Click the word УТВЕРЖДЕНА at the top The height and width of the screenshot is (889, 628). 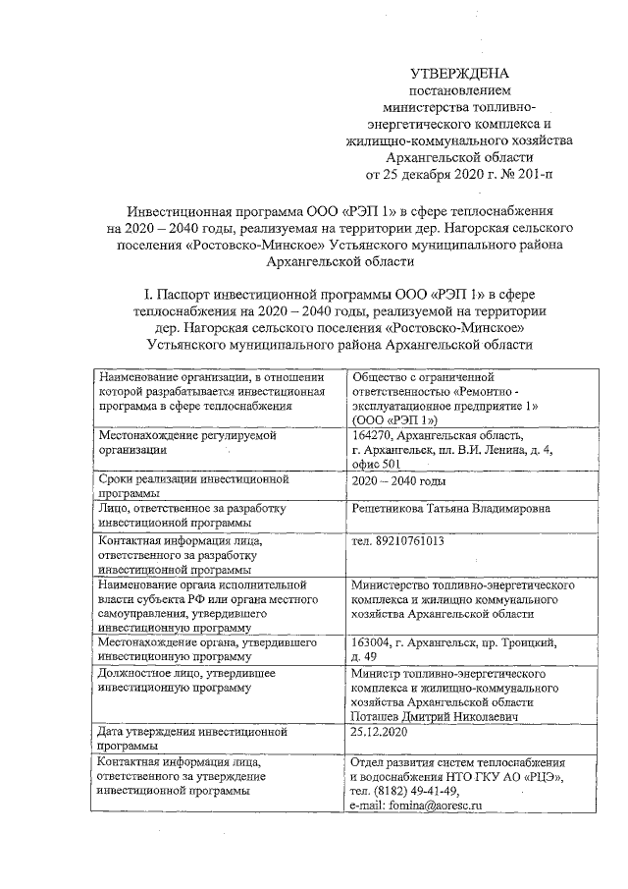point(459,75)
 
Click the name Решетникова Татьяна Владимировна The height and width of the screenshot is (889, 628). point(450,508)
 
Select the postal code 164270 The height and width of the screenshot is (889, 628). point(376,435)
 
